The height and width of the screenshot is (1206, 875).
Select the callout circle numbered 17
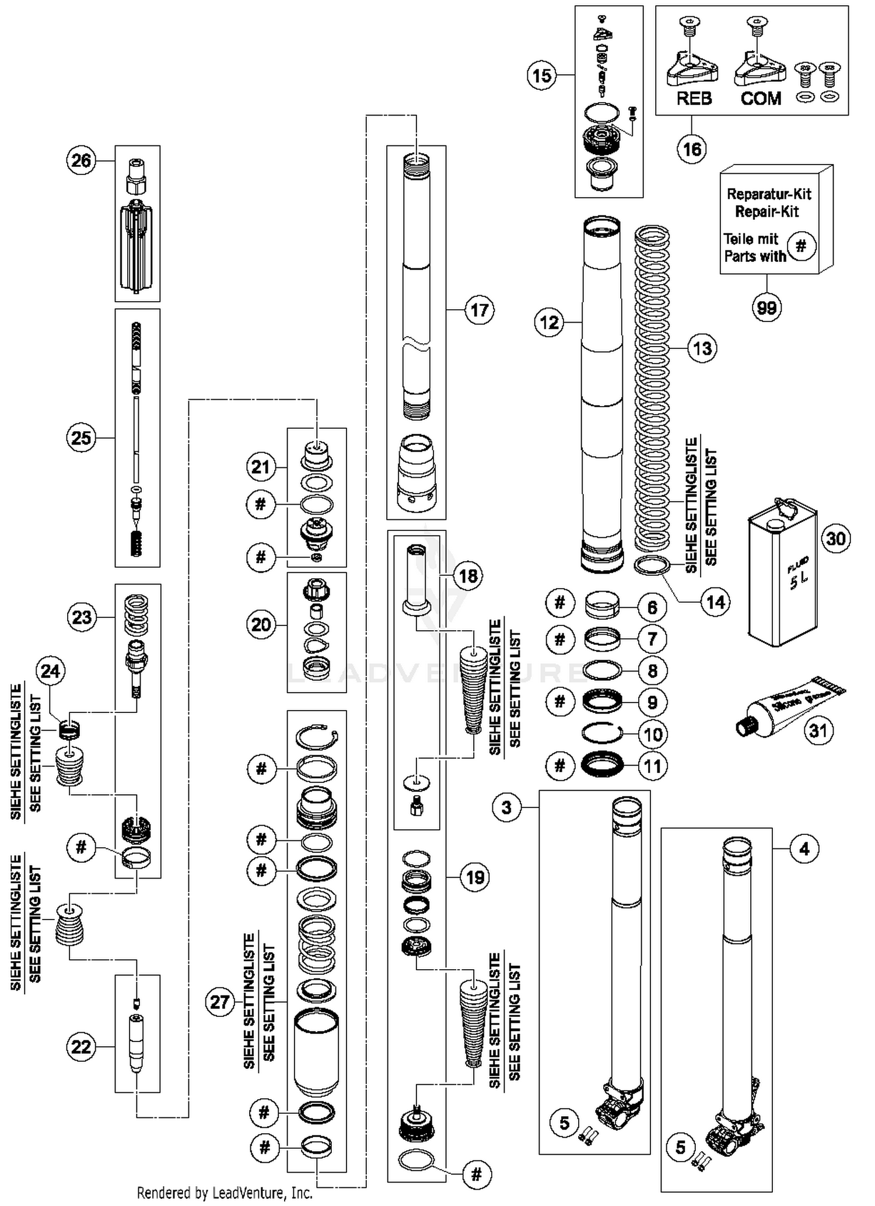click(x=479, y=310)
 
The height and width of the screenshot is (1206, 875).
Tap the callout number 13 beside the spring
click(x=702, y=348)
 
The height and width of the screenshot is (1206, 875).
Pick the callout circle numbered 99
click(x=766, y=307)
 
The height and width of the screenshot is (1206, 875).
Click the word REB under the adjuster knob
click(x=694, y=99)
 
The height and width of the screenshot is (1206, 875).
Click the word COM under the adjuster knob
click(x=761, y=99)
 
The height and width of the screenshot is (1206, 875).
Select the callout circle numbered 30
click(x=836, y=538)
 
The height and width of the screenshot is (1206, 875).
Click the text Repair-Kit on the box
click(x=766, y=211)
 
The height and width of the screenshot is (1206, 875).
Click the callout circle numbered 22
click(x=81, y=1047)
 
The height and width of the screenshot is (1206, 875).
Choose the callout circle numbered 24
click(x=50, y=671)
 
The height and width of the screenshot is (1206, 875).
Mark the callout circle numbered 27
click(x=220, y=1002)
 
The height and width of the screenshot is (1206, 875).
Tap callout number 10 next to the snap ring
click(x=652, y=734)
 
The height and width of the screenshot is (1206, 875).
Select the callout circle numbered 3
click(x=506, y=808)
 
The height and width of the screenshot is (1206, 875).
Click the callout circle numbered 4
click(x=804, y=849)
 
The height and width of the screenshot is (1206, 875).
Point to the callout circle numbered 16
click(x=692, y=149)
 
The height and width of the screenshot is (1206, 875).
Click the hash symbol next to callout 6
click(x=559, y=602)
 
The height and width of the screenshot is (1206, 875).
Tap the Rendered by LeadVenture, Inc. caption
click(x=225, y=1193)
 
